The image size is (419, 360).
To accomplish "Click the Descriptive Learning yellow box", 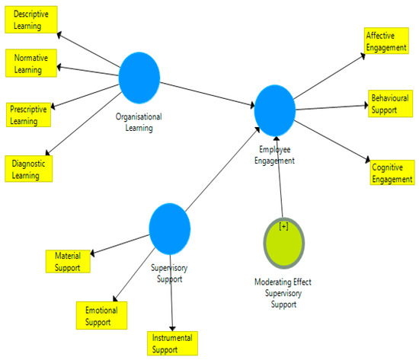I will pyautogui.click(x=31, y=21).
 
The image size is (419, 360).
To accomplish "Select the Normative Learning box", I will pyautogui.click(x=31, y=62).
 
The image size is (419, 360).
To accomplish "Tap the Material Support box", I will pyautogui.click(x=68, y=261).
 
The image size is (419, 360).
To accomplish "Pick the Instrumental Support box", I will pyautogui.click(x=173, y=343).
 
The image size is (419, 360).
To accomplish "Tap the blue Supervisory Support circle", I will pyautogui.click(x=169, y=228).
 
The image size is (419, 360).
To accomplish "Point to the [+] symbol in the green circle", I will pyautogui.click(x=283, y=227).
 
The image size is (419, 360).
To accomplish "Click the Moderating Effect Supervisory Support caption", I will pyautogui.click(x=283, y=293).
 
